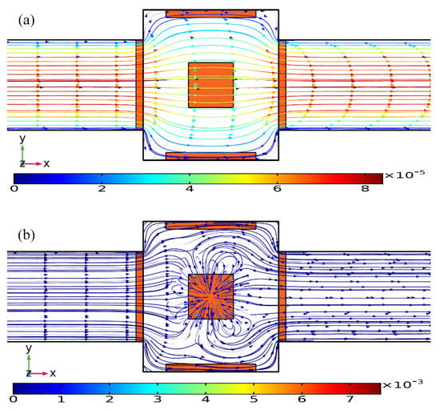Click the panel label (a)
[x=26, y=21]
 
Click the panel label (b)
[x=26, y=235]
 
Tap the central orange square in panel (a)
[x=210, y=85]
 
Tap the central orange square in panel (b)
[x=210, y=296]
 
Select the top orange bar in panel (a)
[x=210, y=14]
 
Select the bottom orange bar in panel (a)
[x=210, y=156]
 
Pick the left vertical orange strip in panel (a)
[x=139, y=85]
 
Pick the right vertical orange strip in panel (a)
[x=282, y=85]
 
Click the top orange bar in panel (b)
[x=210, y=226]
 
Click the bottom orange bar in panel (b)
[x=210, y=368]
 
